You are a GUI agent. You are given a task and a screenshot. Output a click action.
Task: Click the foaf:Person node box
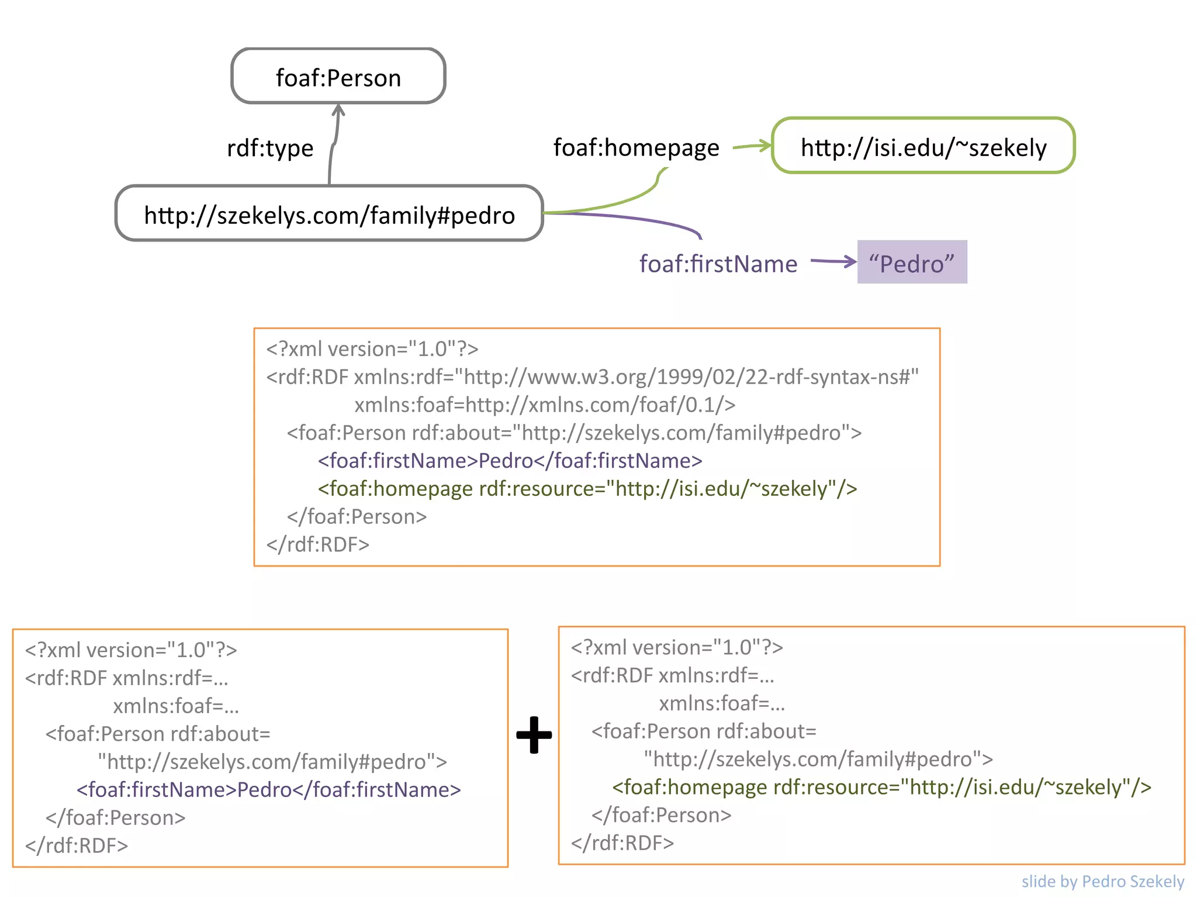(x=338, y=77)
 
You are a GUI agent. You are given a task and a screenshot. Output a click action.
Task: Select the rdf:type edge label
(x=270, y=148)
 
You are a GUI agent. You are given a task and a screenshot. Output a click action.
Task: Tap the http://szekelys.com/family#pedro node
(x=329, y=214)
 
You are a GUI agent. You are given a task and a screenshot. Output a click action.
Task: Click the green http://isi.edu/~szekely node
(x=923, y=146)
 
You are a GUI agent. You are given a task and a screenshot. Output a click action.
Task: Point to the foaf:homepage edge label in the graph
(x=636, y=147)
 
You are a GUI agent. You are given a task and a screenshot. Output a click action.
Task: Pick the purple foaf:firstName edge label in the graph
(x=718, y=264)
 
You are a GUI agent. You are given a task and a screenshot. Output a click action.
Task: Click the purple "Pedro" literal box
(x=911, y=263)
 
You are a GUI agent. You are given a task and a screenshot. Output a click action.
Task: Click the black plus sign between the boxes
(x=534, y=735)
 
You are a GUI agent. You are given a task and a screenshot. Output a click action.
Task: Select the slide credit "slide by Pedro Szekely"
(x=1102, y=881)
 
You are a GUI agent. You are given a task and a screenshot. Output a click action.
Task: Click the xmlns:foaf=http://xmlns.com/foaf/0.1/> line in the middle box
(x=544, y=405)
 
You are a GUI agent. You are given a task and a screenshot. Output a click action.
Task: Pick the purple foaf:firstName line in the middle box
(x=510, y=461)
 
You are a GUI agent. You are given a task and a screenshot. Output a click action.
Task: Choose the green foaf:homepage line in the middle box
(x=587, y=489)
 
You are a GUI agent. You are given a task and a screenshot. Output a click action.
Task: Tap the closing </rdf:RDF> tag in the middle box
(x=317, y=544)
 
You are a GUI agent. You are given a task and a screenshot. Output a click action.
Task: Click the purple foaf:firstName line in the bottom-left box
(x=268, y=790)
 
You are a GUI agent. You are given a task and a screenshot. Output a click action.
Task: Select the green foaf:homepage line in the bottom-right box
(x=881, y=788)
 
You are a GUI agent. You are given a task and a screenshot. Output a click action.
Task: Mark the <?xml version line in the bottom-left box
(x=131, y=650)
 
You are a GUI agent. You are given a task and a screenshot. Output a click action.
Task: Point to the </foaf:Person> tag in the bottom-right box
(x=661, y=815)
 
